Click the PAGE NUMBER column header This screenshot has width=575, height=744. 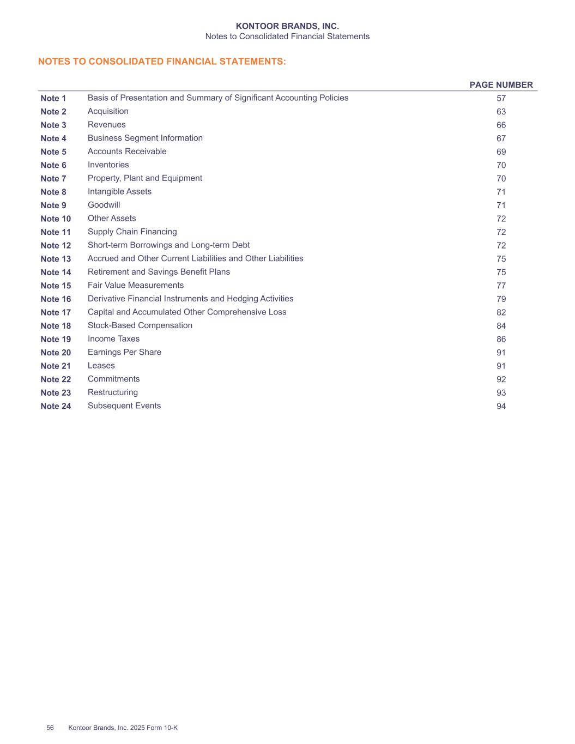(x=501, y=85)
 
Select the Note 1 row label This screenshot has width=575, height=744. (x=53, y=99)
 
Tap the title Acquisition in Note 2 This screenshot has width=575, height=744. (x=108, y=111)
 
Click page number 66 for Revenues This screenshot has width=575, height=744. (x=501, y=125)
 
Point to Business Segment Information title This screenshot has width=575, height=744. (x=145, y=138)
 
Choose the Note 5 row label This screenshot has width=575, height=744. (x=53, y=152)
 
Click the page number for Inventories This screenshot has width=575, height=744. (x=501, y=165)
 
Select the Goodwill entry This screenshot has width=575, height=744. (x=104, y=205)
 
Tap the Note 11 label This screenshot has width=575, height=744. (x=56, y=232)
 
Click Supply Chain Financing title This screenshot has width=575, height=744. (x=132, y=232)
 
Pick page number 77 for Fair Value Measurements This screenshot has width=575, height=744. (x=501, y=286)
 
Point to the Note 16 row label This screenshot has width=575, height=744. (x=56, y=299)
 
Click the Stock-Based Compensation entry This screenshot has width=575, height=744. (x=140, y=325)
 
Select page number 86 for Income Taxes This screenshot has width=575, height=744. (x=501, y=339)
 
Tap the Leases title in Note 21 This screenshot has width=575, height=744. (x=101, y=366)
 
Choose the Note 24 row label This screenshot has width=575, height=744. (x=56, y=406)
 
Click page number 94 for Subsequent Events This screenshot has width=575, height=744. (x=501, y=406)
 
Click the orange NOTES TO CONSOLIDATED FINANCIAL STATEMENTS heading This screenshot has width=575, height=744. (x=162, y=62)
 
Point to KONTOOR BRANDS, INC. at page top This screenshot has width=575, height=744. (x=287, y=26)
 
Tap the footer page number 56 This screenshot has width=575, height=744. (x=50, y=728)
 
